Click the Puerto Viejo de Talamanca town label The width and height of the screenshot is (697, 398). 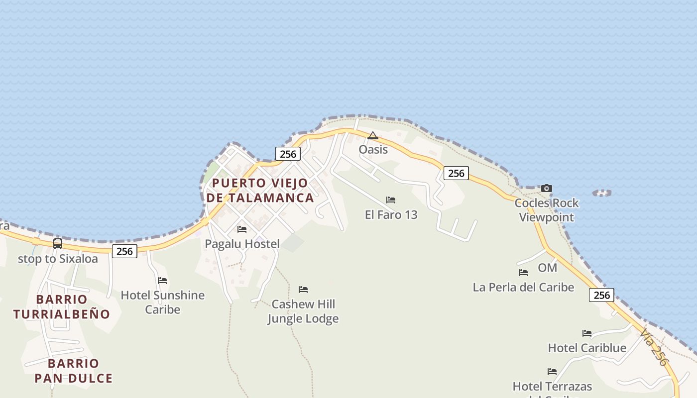(x=260, y=190)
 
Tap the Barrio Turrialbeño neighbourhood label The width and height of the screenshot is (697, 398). (x=61, y=306)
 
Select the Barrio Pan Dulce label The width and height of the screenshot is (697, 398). (x=73, y=371)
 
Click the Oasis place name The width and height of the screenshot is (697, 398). (x=373, y=149)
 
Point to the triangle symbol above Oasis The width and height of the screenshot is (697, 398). (x=372, y=135)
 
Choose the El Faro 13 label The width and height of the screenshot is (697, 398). (x=391, y=215)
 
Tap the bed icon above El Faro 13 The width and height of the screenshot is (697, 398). (x=391, y=200)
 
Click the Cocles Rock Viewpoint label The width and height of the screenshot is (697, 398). (x=547, y=210)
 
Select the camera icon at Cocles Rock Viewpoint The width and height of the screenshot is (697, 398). (x=547, y=188)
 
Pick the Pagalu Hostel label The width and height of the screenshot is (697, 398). (x=242, y=244)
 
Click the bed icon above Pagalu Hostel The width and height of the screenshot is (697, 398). (x=242, y=229)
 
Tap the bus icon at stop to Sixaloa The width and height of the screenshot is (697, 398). (x=58, y=244)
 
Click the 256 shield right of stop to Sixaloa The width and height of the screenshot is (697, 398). (x=124, y=251)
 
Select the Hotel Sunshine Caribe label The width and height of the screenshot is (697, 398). (x=163, y=302)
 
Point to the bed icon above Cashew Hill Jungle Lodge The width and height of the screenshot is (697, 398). (x=303, y=290)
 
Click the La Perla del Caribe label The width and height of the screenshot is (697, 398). (x=523, y=287)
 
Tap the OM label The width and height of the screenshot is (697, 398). (x=547, y=268)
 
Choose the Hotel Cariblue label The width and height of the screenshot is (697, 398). (x=587, y=348)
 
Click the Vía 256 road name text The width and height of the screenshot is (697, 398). (x=653, y=347)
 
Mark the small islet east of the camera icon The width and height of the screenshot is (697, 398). (x=602, y=193)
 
